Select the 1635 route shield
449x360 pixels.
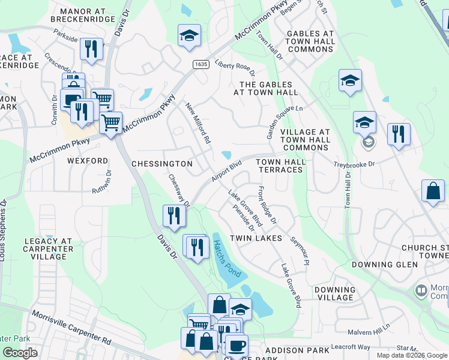pyautogui.click(x=200, y=64)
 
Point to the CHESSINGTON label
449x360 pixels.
pyautogui.click(x=161, y=164)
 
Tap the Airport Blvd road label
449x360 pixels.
pyautogui.click(x=226, y=172)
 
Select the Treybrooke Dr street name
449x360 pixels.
pyautogui.click(x=354, y=164)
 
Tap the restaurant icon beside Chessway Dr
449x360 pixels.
pyautogui.click(x=174, y=215)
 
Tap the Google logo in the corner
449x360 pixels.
pyautogui.click(x=20, y=353)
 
